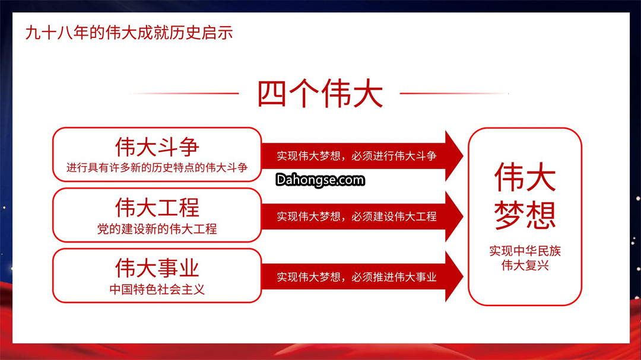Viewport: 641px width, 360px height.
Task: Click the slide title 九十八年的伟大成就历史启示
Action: click(x=129, y=33)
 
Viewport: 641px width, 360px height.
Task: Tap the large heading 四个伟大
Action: click(x=320, y=94)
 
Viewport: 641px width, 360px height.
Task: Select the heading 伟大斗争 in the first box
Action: click(x=157, y=146)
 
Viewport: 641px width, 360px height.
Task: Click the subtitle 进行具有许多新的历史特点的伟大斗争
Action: click(x=157, y=167)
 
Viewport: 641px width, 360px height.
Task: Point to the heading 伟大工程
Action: click(x=157, y=208)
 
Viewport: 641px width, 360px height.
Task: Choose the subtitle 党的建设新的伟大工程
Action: click(x=157, y=229)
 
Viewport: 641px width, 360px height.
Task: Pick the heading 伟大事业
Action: click(x=157, y=268)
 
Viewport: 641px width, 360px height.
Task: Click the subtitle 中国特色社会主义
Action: click(x=157, y=289)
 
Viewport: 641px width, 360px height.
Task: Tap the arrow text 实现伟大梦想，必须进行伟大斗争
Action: click(x=357, y=156)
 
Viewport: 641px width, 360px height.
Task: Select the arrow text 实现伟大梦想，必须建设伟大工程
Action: click(x=357, y=216)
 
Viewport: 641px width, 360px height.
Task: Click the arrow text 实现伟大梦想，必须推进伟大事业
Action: click(x=357, y=277)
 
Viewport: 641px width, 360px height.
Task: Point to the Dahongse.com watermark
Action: click(x=320, y=180)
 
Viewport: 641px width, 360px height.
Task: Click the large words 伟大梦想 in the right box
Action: click(x=525, y=195)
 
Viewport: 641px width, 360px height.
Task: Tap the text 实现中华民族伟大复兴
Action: click(x=525, y=258)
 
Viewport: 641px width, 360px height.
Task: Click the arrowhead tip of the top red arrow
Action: click(x=463, y=156)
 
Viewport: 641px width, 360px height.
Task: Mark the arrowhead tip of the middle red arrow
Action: click(x=463, y=216)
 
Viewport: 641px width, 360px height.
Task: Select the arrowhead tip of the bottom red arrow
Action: click(x=463, y=276)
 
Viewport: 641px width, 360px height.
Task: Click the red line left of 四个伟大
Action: click(x=185, y=94)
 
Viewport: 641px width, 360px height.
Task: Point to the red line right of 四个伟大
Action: click(x=454, y=94)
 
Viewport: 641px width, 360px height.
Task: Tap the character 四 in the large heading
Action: click(x=272, y=94)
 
